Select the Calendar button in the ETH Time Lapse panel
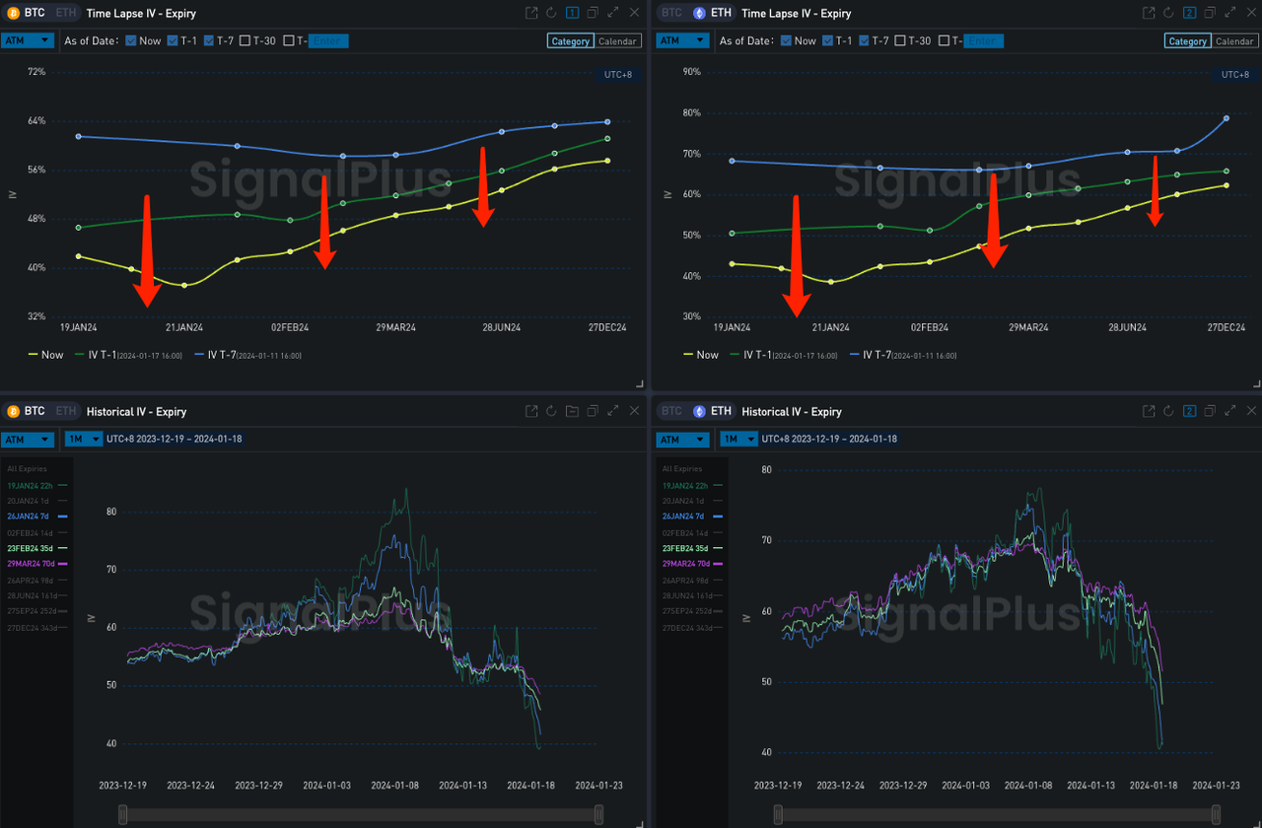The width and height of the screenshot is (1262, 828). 1234,41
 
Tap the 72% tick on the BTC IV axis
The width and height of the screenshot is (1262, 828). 36,72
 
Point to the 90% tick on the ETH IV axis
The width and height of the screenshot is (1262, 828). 691,72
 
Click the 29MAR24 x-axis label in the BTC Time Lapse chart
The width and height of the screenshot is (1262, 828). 395,327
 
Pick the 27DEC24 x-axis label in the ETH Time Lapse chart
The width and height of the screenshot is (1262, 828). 1226,327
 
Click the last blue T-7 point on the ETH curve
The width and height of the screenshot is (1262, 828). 1227,118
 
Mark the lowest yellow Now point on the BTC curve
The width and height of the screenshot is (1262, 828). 184,286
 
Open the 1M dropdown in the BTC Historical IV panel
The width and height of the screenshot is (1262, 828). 83,440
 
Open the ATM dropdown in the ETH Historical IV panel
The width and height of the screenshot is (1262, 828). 682,440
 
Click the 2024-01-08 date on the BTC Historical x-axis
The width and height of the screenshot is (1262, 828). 394,786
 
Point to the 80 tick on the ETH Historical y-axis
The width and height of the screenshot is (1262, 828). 766,470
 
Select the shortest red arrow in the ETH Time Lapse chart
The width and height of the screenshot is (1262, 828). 1155,191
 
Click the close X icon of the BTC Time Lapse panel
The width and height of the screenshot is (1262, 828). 634,13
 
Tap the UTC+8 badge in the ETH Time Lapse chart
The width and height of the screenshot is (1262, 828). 1234,75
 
